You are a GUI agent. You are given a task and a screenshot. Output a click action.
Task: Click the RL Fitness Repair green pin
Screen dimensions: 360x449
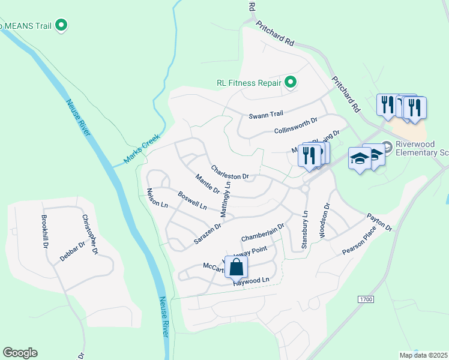point(291,82)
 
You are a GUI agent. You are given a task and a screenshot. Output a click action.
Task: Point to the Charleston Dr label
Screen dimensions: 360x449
point(229,173)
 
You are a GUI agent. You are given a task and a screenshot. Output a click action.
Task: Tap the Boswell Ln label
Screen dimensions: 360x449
point(192,200)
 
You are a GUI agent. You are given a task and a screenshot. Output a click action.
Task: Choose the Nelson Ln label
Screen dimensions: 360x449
point(157,197)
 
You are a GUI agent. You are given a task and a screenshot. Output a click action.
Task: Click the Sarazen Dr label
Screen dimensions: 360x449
point(208,233)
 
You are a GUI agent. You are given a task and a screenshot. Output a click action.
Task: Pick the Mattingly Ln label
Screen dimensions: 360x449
point(225,199)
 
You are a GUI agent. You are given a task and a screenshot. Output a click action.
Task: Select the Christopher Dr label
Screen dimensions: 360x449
point(89,235)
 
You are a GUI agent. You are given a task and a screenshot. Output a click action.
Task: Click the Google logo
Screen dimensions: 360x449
point(20,353)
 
